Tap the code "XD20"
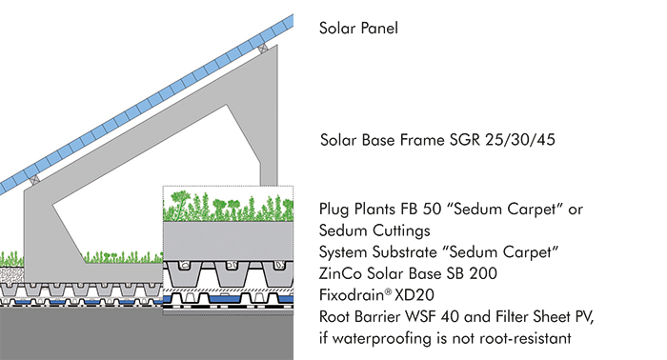point(416,293)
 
